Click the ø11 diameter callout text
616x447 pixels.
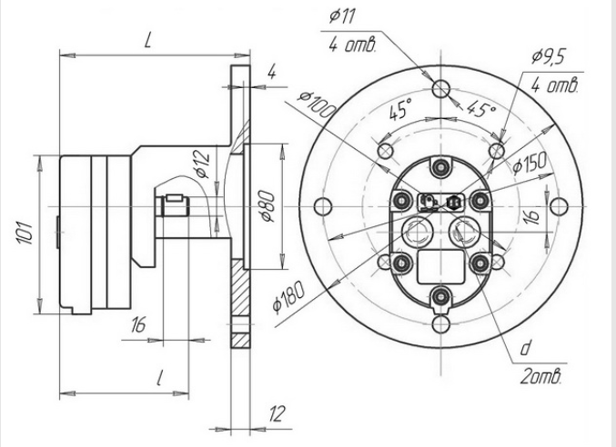click(x=342, y=17)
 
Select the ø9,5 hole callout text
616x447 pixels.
click(x=549, y=57)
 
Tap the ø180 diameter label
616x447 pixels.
click(x=288, y=296)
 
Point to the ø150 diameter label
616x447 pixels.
click(x=530, y=164)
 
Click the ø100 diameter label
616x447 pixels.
click(x=317, y=104)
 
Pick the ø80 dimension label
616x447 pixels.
click(x=268, y=206)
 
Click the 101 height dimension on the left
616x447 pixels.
click(x=24, y=233)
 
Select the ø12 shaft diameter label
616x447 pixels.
click(x=202, y=165)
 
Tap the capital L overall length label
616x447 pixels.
click(x=147, y=40)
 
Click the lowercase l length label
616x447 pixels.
click(x=159, y=378)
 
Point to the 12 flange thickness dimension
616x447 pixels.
click(x=277, y=413)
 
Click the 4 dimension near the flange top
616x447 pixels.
click(x=272, y=73)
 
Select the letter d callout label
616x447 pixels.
click(x=526, y=348)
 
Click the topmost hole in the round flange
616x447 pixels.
click(x=440, y=88)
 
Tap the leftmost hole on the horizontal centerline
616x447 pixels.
click(x=323, y=206)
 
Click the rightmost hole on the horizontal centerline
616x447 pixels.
click(x=559, y=206)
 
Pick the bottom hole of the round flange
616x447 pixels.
click(x=440, y=324)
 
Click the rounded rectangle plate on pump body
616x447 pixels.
click(x=440, y=267)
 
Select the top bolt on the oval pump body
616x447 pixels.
click(x=440, y=167)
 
